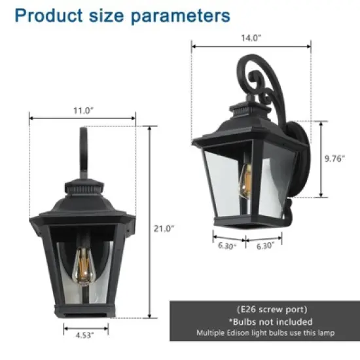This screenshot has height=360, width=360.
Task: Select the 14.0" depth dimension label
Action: coord(251,38)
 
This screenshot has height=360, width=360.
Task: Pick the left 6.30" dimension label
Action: coord(226,247)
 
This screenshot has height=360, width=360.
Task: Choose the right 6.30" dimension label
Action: coord(264,247)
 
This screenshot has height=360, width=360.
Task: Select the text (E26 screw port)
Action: coord(265,309)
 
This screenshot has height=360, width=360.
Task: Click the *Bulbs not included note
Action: coord(265,321)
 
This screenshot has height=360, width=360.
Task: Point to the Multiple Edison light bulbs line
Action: coord(265,334)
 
